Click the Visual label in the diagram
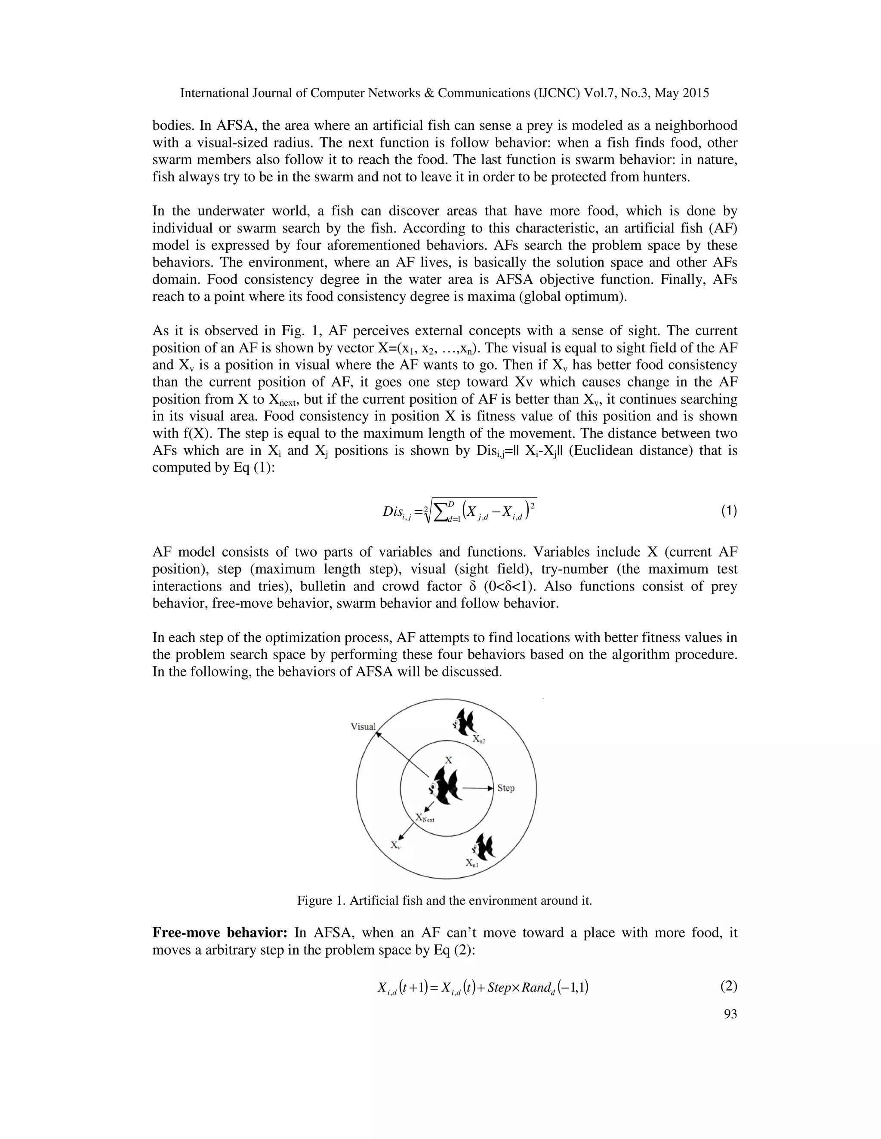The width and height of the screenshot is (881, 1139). (x=363, y=726)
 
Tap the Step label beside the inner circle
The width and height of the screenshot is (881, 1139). (x=506, y=788)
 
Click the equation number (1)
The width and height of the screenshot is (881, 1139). (x=729, y=511)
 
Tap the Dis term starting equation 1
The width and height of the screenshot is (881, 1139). (x=392, y=511)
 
